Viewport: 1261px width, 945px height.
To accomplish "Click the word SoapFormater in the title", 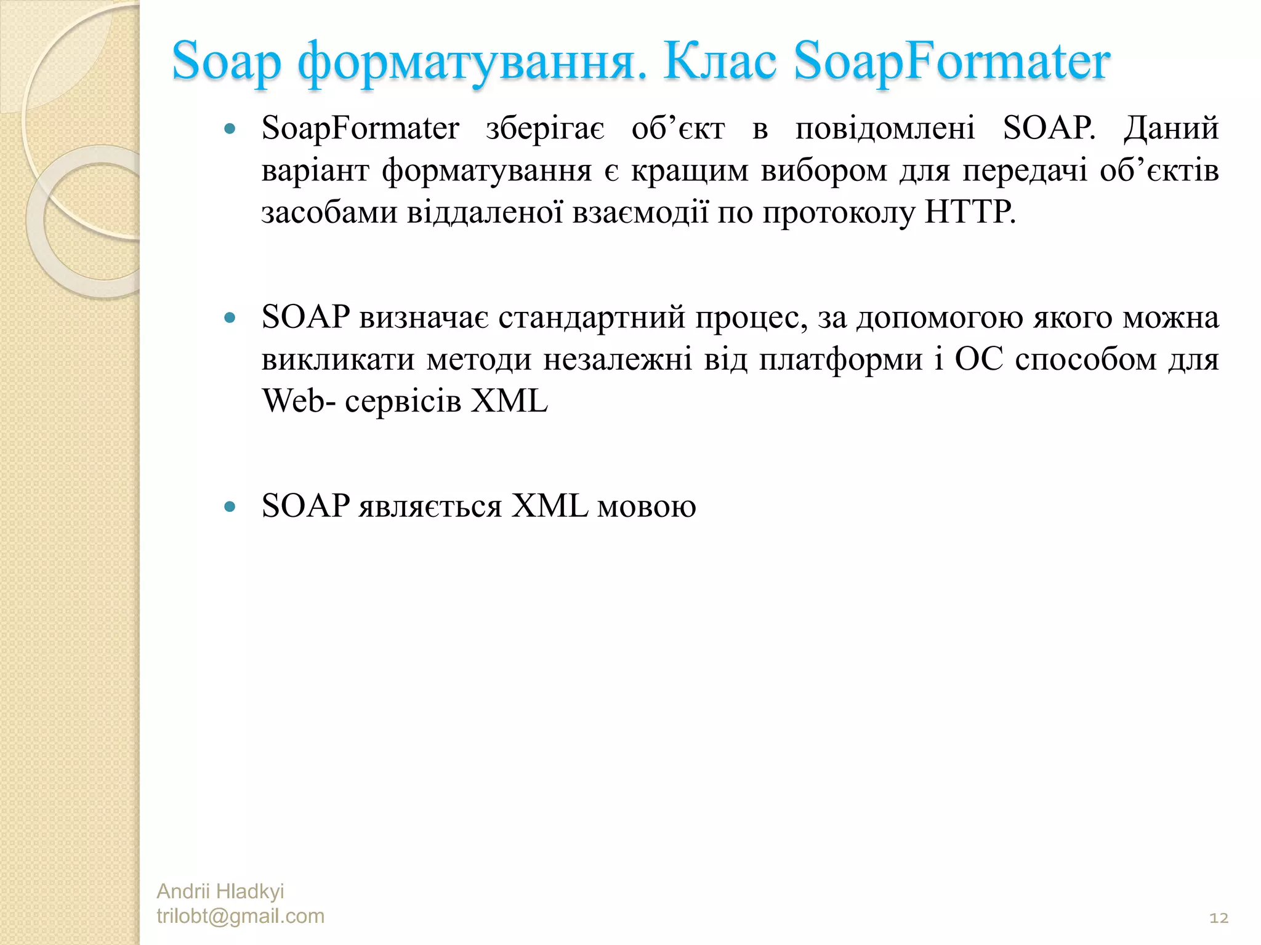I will (951, 63).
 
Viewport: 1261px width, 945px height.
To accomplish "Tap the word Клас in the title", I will (720, 63).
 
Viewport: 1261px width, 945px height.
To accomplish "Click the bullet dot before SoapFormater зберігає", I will (230, 130).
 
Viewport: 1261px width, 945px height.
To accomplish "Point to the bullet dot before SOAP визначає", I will (230, 319).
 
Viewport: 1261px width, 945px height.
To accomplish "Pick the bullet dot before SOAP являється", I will (230, 508).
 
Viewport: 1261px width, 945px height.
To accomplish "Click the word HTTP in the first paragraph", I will (969, 213).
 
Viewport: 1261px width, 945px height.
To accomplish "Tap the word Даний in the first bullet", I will (1171, 129).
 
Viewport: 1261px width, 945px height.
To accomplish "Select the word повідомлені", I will (885, 129).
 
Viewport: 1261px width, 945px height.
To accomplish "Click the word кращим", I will (690, 171).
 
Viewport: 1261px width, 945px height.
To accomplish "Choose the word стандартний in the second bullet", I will (591, 318).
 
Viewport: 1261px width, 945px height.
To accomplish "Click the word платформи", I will (840, 360).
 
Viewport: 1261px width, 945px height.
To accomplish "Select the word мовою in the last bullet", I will (647, 507).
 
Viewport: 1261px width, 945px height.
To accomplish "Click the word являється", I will (430, 507).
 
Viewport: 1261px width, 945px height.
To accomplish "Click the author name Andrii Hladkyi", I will (220, 891).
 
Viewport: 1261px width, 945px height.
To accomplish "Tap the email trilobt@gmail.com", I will (240, 916).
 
